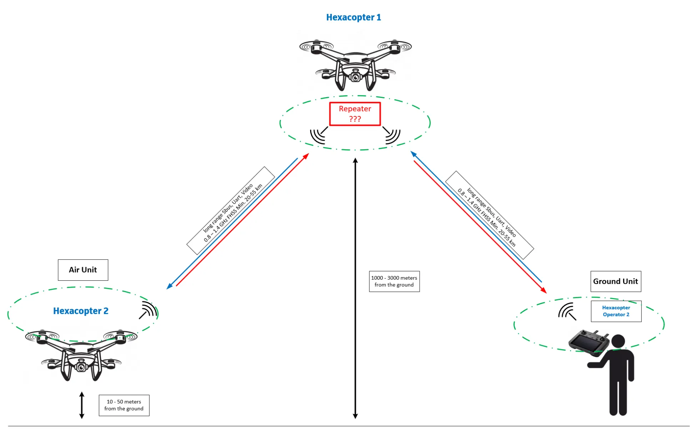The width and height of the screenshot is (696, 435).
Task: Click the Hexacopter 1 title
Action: coord(353,17)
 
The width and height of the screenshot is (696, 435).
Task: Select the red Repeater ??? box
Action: coord(355,114)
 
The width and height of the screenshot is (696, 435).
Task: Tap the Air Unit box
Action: coord(83,270)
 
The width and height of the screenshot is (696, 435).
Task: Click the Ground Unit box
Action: coord(615,281)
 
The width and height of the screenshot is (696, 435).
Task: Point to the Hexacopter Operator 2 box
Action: coord(616,311)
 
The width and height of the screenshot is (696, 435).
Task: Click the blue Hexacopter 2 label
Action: coord(81,311)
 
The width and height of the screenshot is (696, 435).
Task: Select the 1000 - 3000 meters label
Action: coord(394,281)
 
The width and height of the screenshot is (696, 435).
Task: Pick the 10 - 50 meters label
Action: coord(124,405)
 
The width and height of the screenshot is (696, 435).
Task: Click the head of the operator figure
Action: coord(618,342)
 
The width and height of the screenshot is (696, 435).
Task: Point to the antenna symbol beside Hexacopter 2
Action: coord(148,310)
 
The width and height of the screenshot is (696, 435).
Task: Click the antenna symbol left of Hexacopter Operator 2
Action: coord(567,311)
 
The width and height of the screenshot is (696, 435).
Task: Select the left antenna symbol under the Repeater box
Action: coord(318,135)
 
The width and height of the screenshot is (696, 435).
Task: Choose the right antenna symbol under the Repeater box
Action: coord(392,135)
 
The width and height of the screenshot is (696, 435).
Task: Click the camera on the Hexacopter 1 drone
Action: coord(355,77)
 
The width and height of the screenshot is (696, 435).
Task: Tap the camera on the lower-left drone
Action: coord(81,367)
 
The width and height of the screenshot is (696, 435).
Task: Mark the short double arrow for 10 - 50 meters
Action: coord(82,405)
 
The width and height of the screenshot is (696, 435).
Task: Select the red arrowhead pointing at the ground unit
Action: coord(544,291)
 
